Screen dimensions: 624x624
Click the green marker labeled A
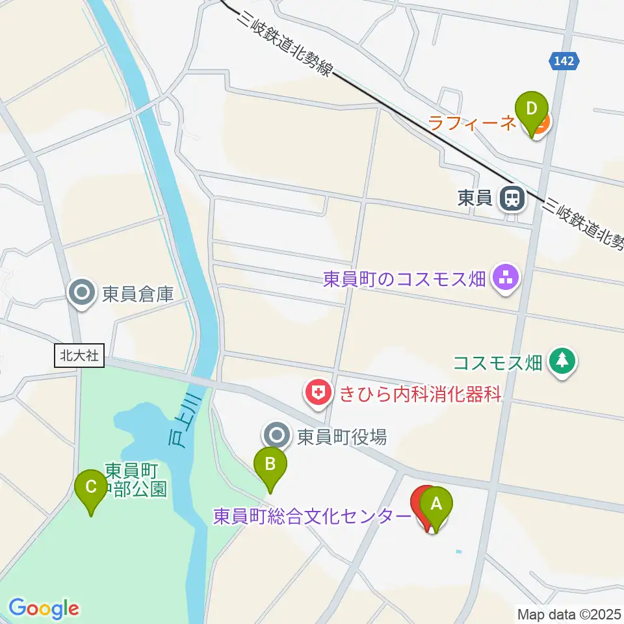[435, 504]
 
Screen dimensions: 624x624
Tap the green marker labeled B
[270, 465]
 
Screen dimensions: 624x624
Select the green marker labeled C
[91, 487]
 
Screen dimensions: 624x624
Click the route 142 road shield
[564, 60]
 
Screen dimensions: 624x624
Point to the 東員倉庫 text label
[138, 294]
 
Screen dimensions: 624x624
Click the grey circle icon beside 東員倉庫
[83, 294]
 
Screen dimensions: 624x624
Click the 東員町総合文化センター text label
[311, 517]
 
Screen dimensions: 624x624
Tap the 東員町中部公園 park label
[136, 479]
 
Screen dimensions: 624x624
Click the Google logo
[44, 608]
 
